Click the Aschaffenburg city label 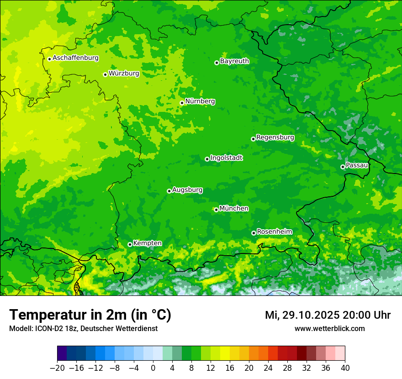tap(75, 58)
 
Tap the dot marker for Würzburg tap(105, 74)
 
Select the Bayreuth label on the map tap(234, 61)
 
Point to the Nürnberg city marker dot tap(182, 103)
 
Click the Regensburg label tap(275, 137)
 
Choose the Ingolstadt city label tap(226, 158)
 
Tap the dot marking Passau tap(343, 167)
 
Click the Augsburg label tap(187, 190)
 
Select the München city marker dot tap(216, 210)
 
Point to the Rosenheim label tap(274, 232)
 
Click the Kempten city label tap(147, 243)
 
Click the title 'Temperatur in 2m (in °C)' tap(90, 315)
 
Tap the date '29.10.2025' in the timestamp tap(311, 315)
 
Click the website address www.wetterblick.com tap(329, 329)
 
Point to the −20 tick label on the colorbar tap(57, 368)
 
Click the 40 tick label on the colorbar tap(345, 368)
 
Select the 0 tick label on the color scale tap(153, 368)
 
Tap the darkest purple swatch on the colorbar tap(62, 353)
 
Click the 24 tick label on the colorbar tap(268, 368)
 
